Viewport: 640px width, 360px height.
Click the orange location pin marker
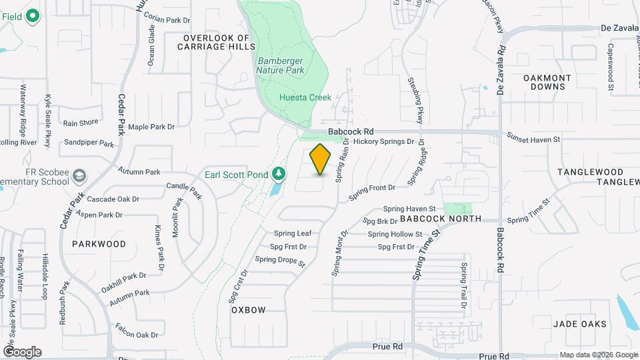point(321,159)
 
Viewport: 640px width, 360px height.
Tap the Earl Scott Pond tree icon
point(279,175)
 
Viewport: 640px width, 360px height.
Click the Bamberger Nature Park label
point(281,65)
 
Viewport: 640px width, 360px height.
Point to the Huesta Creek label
point(305,97)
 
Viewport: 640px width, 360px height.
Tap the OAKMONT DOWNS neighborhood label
point(547,83)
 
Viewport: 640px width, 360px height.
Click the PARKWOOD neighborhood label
point(99,244)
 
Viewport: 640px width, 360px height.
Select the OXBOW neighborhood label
point(249,310)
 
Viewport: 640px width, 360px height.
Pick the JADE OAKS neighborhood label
point(580,324)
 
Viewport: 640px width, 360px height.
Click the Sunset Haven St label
point(533,140)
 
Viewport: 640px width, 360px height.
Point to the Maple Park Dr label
point(151,127)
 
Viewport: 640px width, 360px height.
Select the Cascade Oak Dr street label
point(113,199)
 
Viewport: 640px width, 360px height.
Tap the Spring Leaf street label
point(293,233)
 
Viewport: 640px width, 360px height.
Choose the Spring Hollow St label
point(395,234)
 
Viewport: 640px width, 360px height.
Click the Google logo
point(22,351)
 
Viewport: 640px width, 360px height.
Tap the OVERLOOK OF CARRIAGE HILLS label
point(217,43)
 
